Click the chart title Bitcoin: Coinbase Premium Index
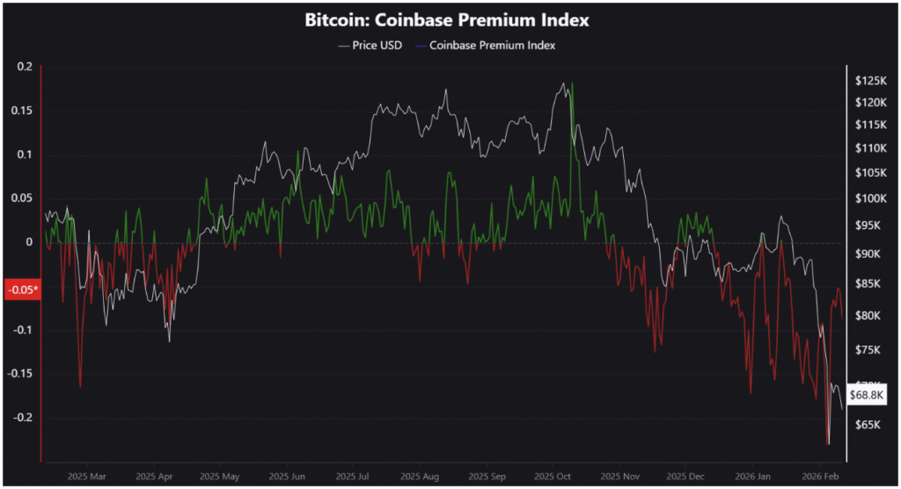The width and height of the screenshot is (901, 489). [446, 18]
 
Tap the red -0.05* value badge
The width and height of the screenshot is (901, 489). [22, 289]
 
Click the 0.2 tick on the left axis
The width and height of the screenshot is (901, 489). [24, 67]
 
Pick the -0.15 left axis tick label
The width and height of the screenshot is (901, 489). [18, 374]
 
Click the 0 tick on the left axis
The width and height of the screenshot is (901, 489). [28, 242]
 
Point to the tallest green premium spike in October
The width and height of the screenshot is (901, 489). [573, 84]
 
